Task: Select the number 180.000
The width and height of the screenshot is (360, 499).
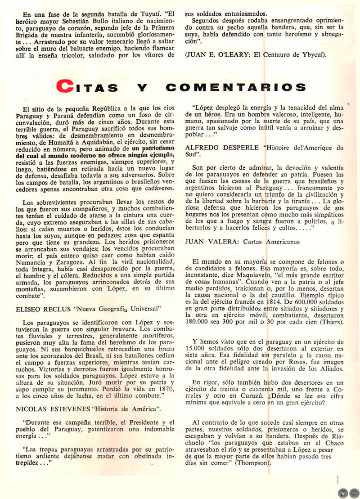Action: click(x=201, y=322)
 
